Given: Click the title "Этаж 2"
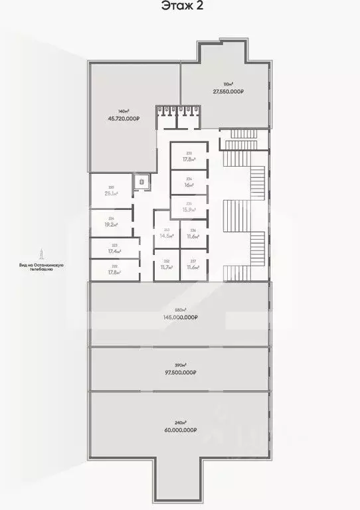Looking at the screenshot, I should (x=180, y=7).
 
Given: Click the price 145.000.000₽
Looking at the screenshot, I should (x=181, y=317).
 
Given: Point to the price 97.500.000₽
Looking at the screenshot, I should (x=181, y=373).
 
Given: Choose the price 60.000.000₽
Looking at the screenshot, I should (x=181, y=430).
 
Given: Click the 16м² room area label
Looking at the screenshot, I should (x=189, y=185).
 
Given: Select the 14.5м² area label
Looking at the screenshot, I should (x=167, y=236).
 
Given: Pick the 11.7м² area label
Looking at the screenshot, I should (x=167, y=267).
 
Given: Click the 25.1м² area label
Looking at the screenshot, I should (x=111, y=194).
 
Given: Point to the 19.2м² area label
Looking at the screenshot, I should (x=111, y=224).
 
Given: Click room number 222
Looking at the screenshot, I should (x=115, y=264).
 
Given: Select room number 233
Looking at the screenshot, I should (x=189, y=153).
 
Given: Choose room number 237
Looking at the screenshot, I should (x=193, y=261).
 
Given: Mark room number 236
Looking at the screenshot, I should (x=193, y=230).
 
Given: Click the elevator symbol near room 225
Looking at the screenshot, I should (x=140, y=180).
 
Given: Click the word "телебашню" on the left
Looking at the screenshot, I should (x=41, y=270).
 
